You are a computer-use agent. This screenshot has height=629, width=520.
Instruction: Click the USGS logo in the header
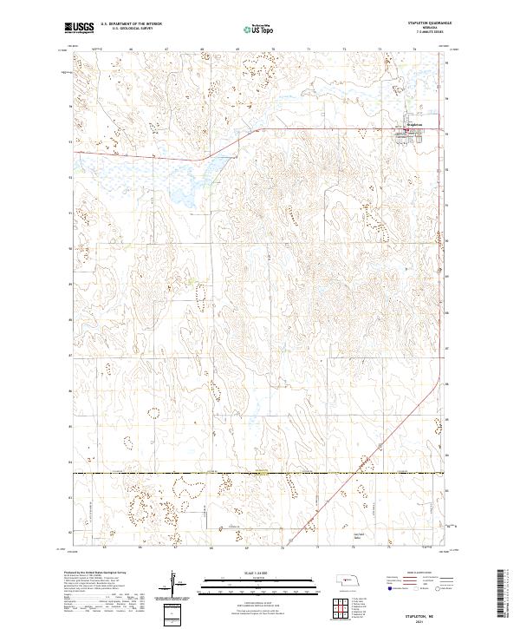pos(80,29)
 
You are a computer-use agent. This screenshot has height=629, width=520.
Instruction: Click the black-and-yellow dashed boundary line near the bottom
pos(260,473)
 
